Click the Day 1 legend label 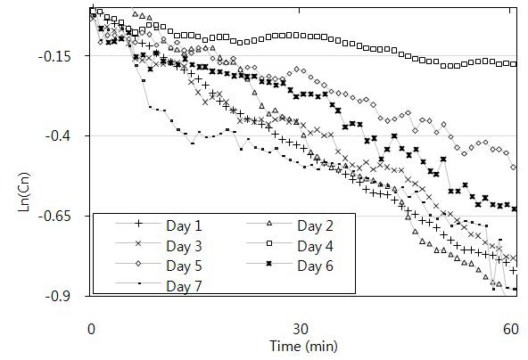tap(186, 225)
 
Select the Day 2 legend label tap(318, 225)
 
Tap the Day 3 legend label tap(186, 245)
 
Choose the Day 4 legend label tap(318, 245)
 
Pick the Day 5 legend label tap(186, 266)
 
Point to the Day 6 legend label tap(318, 266)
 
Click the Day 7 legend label tap(186, 285)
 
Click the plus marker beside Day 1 tap(138, 225)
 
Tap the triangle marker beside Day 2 tap(271, 225)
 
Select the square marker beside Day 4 tap(271, 245)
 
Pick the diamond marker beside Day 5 tap(138, 266)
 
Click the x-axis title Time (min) tap(301, 345)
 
